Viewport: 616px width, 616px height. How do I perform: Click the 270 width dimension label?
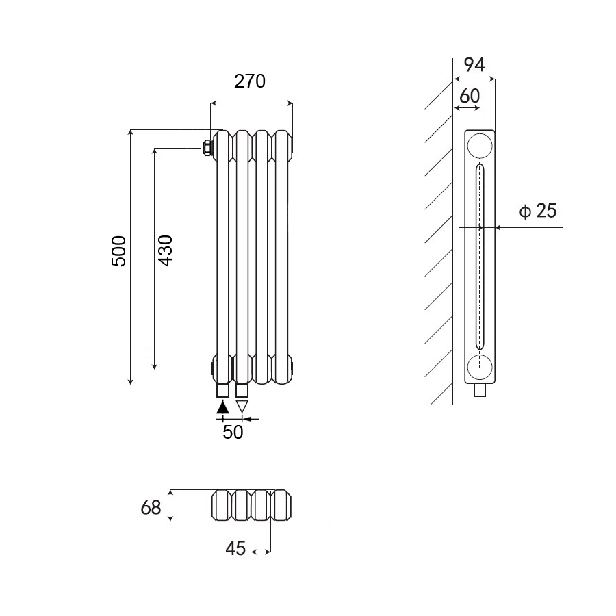click(250, 81)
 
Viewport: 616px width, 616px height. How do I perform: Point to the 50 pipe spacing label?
click(233, 433)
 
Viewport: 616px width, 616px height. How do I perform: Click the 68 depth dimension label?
click(151, 508)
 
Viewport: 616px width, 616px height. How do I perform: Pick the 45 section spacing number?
click(235, 548)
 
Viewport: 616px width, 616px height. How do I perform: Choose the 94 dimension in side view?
click(474, 65)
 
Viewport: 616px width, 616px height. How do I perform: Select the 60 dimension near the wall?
click(469, 96)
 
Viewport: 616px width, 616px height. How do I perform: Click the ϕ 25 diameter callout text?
click(538, 211)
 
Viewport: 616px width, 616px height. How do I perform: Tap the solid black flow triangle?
click(222, 407)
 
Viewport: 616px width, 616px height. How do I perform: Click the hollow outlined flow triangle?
click(242, 407)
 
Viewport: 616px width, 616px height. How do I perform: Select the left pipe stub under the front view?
click(222, 391)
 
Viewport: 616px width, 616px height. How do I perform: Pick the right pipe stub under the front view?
click(242, 391)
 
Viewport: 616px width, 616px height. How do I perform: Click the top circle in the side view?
click(480, 146)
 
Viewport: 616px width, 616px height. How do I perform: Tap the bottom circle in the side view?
click(480, 368)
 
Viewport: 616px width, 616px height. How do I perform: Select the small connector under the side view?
click(480, 390)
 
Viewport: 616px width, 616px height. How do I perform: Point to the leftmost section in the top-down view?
click(222, 506)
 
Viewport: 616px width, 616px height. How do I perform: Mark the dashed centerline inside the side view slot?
click(480, 274)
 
